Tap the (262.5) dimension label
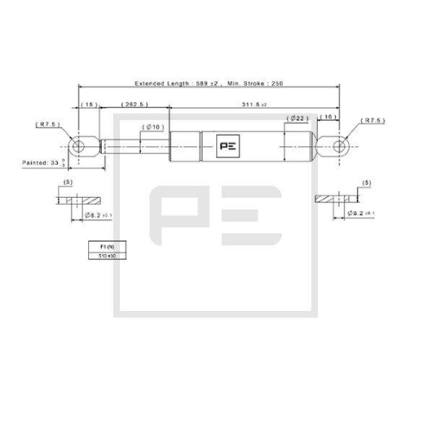136,104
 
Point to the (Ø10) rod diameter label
156,126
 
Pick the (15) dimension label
89,104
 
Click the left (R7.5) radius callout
48,124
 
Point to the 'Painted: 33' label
44,162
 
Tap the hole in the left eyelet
79,146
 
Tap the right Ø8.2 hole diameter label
354,212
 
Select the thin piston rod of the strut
138,146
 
